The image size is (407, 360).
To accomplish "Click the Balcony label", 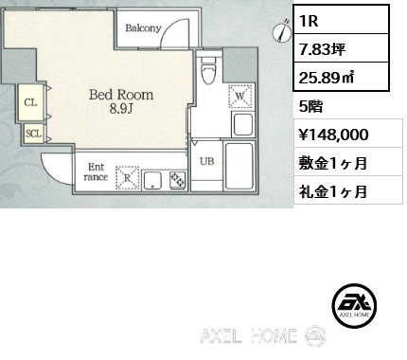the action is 143,28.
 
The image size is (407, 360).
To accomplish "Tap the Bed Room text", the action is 121,95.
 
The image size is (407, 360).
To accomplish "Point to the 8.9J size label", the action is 121,109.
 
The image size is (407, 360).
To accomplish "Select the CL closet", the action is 31,102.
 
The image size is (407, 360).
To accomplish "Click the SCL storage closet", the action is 34,134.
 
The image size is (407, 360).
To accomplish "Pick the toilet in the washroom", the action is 207,70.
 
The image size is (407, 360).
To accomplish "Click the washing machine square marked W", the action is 240,96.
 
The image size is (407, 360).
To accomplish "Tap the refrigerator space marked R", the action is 127,178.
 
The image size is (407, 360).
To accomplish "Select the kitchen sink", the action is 152,181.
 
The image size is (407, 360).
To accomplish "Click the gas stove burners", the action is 178,181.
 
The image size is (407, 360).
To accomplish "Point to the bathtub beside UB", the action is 239,166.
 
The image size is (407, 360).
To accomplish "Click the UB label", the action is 206,161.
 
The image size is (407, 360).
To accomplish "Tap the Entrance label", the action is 96,171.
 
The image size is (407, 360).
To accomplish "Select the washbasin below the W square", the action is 242,124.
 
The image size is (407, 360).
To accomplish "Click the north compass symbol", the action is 282,31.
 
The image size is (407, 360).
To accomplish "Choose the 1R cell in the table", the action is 341,20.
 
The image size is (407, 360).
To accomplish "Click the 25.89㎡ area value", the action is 327,78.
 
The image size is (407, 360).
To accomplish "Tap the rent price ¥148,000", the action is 333,135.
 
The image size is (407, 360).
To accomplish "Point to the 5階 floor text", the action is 310,107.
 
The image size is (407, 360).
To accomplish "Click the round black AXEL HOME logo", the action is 354,305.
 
